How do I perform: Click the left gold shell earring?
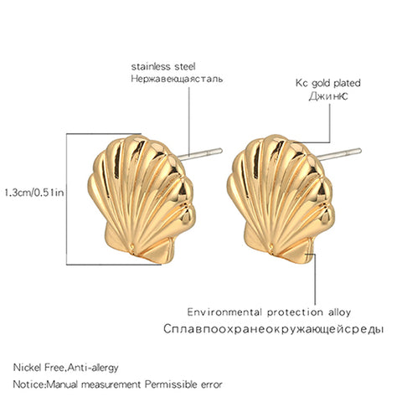coord(142,198)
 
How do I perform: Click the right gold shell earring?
coord(280,198)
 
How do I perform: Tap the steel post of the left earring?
coord(200,154)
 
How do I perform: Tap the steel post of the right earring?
coord(339,154)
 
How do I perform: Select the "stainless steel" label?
coord(163,66)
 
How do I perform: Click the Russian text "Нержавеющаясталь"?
coord(177,79)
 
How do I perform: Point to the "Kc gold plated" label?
coord(328,83)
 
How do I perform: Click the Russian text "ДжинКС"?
coord(328,96)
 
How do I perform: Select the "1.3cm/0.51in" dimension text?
coord(34,193)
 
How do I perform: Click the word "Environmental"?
coord(224,312)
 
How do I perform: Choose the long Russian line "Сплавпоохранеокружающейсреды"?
coord(273,329)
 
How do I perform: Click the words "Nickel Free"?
coord(39,368)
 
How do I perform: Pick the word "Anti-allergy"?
coord(93,368)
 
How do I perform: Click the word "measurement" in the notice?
coord(111,385)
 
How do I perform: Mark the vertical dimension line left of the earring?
coord(66,199)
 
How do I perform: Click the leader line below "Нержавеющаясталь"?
coord(189,121)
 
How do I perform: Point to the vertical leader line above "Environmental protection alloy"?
coord(316,279)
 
